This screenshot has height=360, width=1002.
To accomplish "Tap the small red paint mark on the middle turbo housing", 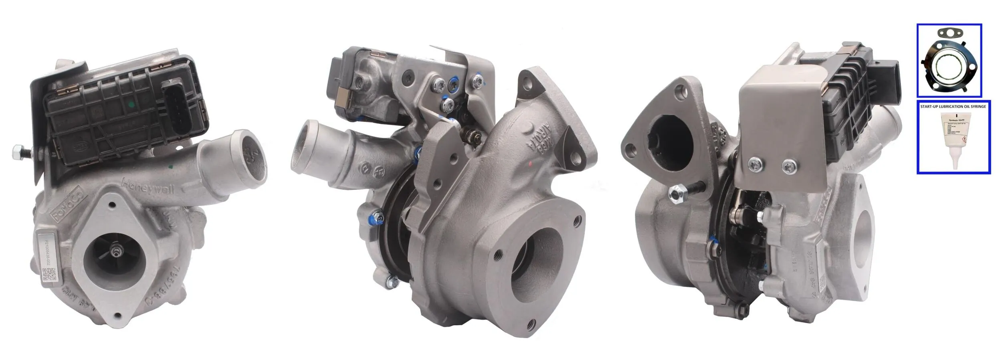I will click(530, 164).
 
